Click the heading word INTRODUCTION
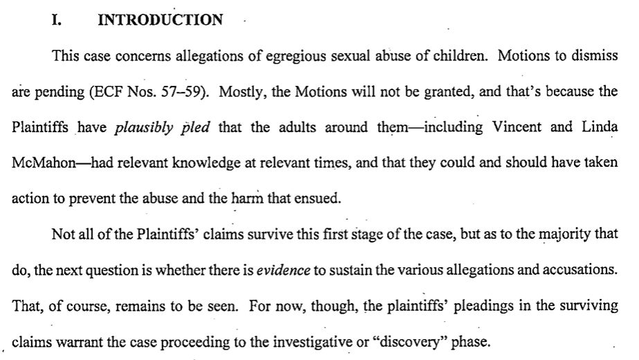160,19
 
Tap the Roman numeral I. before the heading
57,19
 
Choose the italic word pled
196,128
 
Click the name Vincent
516,127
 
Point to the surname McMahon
44,163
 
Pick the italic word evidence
283,270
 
